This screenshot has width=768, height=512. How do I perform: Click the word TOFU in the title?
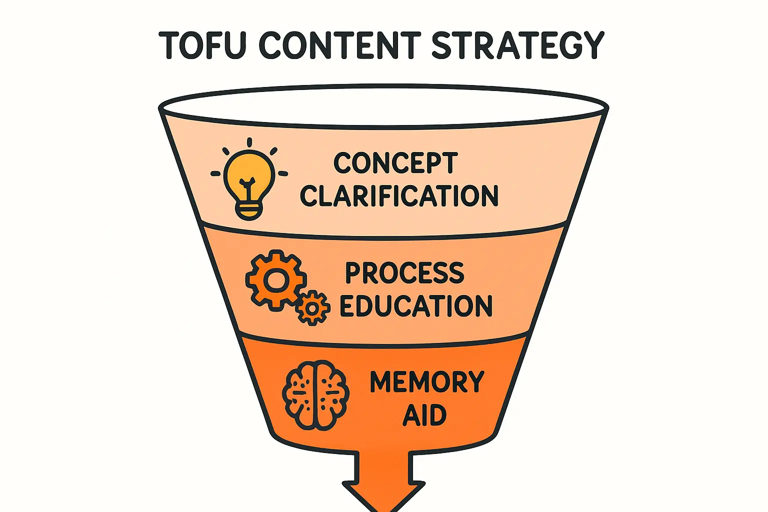pos(202,45)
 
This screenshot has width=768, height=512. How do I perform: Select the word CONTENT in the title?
pos(340,45)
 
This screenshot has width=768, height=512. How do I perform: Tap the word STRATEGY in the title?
pos(517,45)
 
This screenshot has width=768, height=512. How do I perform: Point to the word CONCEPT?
pos(395,163)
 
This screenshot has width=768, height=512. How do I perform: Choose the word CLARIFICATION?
pos(399,195)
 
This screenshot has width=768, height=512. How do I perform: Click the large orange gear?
pos(274,280)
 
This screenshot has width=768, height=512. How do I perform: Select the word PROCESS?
pos(405,273)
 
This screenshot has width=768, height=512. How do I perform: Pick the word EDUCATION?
pos(416,306)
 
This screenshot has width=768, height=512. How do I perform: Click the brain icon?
pos(315,395)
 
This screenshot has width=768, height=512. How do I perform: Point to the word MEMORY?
pos(427,382)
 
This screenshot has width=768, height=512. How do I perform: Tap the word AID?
pos(424,415)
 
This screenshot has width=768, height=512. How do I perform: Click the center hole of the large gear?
pos(274,280)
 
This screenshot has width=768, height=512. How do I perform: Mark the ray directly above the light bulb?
pos(249,142)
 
